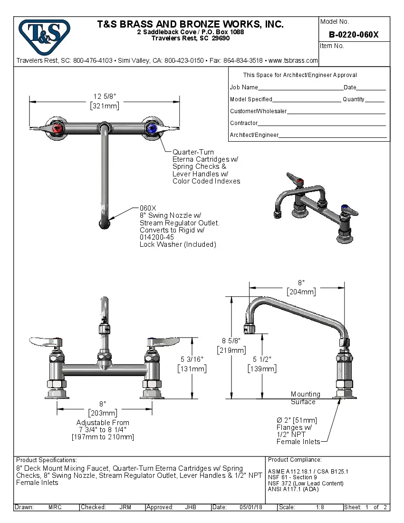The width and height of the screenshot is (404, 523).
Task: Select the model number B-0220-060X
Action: point(354,34)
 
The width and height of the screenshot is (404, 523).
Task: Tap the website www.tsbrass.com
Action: point(293,60)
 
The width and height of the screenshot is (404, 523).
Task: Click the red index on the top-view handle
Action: point(58,128)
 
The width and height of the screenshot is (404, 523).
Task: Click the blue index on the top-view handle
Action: point(152,128)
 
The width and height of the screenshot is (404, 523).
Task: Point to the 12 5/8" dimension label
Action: point(105,97)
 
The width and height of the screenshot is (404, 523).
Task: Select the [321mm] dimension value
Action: point(105,106)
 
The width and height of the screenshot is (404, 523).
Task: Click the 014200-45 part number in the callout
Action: point(156,237)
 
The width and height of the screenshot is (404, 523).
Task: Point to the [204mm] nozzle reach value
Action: point(300,291)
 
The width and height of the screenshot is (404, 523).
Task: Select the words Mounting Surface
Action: point(305,398)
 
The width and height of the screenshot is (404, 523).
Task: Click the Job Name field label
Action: point(244,87)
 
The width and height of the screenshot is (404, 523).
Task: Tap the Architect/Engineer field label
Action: point(254,135)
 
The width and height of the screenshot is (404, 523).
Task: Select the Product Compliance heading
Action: point(295,460)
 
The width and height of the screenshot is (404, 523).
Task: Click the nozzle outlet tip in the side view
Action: point(250,328)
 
